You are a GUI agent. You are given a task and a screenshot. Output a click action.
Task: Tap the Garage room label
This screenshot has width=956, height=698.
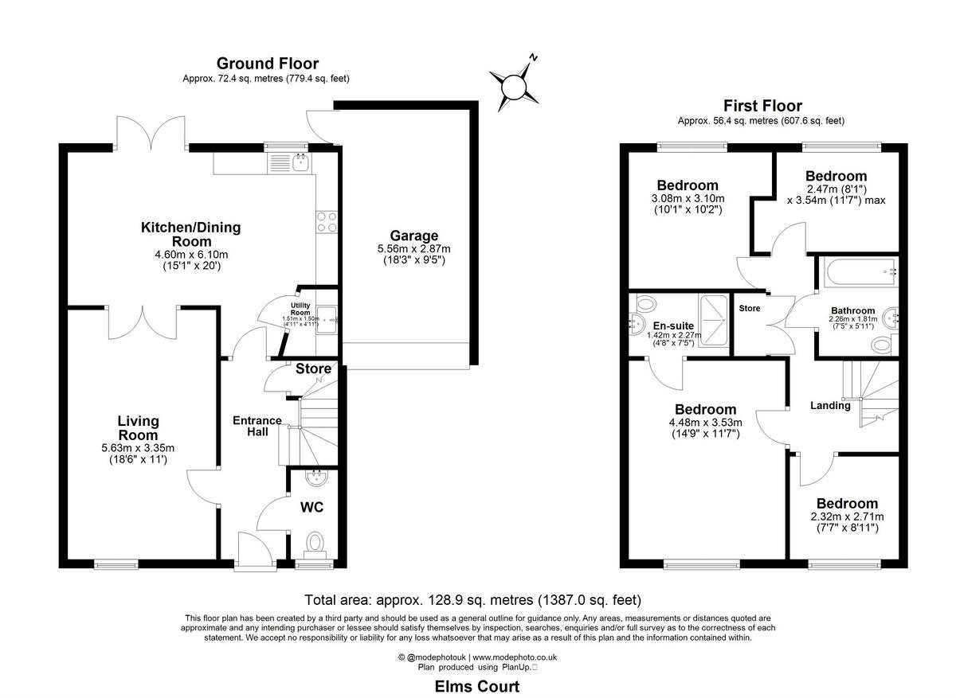coord(413,236)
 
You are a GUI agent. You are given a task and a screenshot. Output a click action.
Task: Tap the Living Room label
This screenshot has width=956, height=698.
coord(138,428)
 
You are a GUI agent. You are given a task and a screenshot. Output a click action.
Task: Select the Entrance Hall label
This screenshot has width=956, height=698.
coord(257,426)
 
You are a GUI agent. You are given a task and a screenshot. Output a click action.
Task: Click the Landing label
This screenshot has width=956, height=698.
coord(830,405)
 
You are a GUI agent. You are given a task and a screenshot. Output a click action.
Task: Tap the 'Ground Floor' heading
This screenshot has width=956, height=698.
coord(267,64)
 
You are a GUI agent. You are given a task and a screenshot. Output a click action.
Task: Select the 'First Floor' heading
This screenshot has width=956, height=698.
coord(762,106)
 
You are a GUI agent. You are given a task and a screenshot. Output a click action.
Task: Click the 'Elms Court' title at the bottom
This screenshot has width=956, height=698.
coord(476,686)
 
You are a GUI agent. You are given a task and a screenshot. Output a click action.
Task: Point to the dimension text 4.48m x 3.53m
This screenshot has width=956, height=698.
coord(705,423)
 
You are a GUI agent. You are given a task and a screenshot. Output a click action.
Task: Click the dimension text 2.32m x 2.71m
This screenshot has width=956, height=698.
coord(847,517)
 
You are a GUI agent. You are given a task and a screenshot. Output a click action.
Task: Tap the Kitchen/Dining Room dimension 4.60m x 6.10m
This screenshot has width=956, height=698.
coord(190,255)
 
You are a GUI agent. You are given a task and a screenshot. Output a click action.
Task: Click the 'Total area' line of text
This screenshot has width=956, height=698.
coord(473,600)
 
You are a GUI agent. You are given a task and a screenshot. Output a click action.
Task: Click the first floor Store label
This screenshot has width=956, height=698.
coord(749,308)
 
